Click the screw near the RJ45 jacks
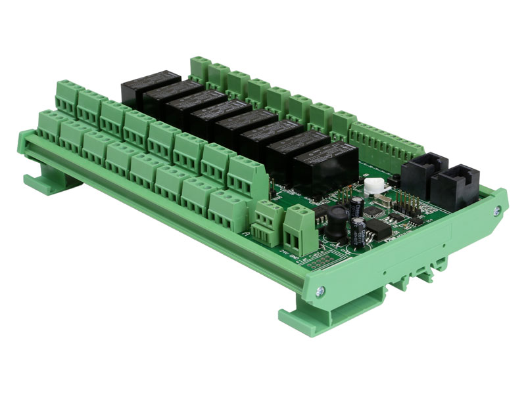click(x=496, y=210)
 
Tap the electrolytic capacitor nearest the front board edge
click(x=359, y=232)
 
